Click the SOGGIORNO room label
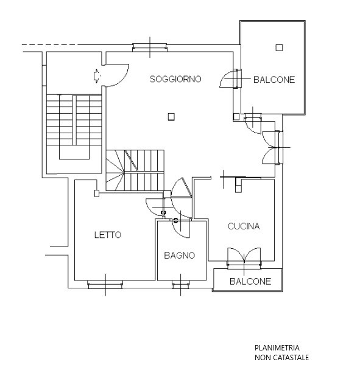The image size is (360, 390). (175, 79)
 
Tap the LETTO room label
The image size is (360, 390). (108, 235)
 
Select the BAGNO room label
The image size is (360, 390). (180, 256)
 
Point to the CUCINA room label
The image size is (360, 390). (244, 226)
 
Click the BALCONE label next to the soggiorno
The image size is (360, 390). (274, 80)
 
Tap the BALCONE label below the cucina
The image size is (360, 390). (250, 281)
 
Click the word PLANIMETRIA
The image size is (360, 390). (277, 347)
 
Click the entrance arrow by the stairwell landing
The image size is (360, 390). (96, 75)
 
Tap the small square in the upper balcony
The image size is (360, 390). (279, 47)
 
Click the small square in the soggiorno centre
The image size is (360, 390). (171, 117)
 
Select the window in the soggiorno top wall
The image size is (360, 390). (150, 47)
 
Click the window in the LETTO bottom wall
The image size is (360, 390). (105, 285)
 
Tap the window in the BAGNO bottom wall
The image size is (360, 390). (181, 285)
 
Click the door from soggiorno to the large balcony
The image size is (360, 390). (230, 79)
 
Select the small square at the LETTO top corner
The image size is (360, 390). (97, 193)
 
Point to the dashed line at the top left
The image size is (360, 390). (49, 45)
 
